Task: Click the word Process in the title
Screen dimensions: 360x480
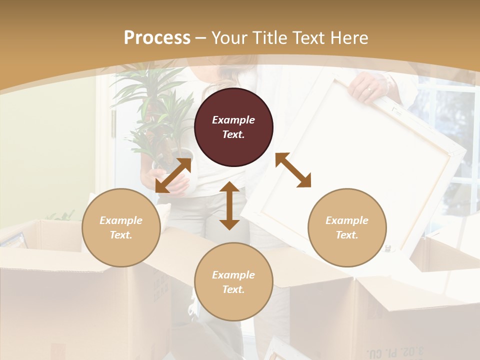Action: pos(157,37)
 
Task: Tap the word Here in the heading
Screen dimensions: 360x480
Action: pos(348,37)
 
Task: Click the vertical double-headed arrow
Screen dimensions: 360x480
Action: pos(229,205)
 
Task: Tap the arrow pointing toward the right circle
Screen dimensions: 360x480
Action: pos(293,170)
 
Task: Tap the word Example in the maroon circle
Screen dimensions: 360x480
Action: pos(233,120)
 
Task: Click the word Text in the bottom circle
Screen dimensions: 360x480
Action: pos(232,289)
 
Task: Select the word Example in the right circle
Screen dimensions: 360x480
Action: pos(346,220)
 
